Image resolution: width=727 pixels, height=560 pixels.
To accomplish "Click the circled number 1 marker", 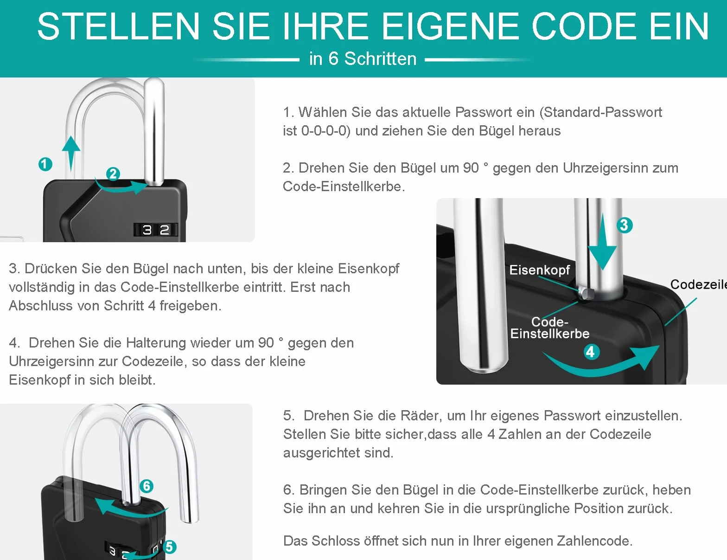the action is coord(45,164).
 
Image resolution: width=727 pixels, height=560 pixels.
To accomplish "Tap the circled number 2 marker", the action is coord(113,174).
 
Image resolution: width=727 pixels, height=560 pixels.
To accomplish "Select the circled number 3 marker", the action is coord(624,225).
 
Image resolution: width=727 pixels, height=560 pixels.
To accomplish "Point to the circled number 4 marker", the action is coord(591,352).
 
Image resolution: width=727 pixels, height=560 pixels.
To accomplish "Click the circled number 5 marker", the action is coord(169,547).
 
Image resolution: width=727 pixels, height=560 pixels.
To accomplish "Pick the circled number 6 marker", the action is coord(147,486).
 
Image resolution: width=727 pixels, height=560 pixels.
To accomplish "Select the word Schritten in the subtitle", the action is coord(380,59).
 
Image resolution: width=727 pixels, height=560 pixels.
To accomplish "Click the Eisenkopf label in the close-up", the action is coord(539,270).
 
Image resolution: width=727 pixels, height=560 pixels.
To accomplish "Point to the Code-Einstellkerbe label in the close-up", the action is coord(550,328).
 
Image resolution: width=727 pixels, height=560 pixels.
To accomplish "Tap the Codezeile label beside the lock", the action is coord(699,284).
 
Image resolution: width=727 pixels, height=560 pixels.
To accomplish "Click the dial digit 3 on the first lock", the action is coord(147,230).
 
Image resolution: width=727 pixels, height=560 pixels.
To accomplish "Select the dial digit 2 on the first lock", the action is coord(165,230).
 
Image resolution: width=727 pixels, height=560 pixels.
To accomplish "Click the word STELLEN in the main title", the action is coord(119,26).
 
